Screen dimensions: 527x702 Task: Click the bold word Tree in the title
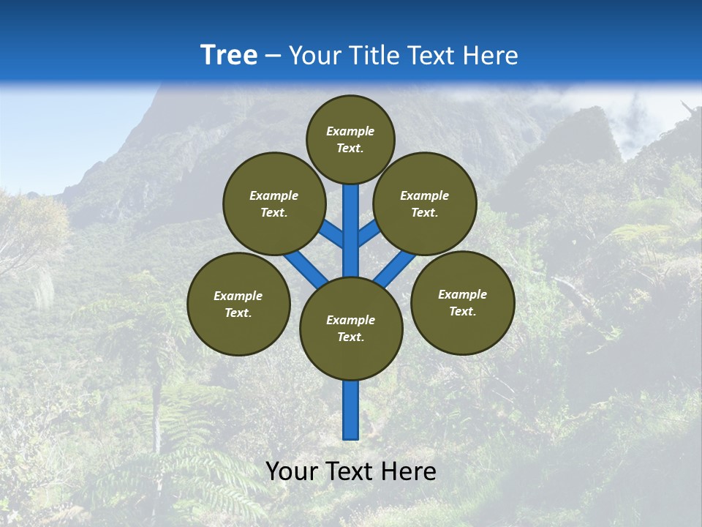tap(229, 56)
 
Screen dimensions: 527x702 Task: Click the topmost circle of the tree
tap(350, 139)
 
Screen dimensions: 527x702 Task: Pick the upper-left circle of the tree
tap(273, 203)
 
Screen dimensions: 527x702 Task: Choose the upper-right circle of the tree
tap(425, 203)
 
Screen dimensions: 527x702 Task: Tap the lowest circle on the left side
tap(238, 304)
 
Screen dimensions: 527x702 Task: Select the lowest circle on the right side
tap(462, 302)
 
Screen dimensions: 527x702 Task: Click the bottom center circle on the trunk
tap(351, 328)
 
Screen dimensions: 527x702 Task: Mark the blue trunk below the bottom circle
tap(351, 410)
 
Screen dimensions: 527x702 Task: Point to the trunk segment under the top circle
tap(351, 220)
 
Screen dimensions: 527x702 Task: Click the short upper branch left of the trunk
tap(331, 233)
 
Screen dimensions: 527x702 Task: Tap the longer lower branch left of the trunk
tap(306, 266)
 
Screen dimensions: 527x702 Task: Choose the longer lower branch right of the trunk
tap(395, 266)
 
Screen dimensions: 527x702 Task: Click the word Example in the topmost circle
tap(350, 131)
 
